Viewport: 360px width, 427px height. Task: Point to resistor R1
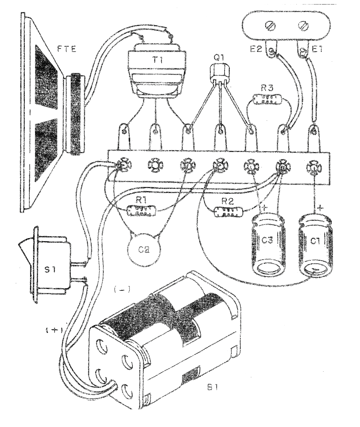pos(142,211)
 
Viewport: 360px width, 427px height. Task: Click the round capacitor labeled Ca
pos(143,249)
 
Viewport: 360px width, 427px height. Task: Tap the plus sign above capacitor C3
pos(264,207)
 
